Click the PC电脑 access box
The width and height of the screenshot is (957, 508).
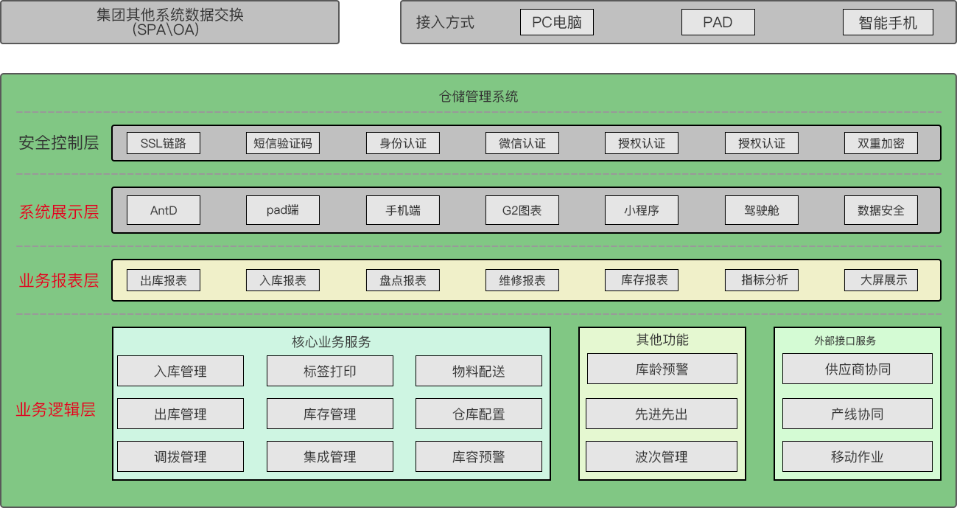pyautogui.click(x=556, y=22)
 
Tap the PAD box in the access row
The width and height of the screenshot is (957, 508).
pyautogui.click(x=718, y=22)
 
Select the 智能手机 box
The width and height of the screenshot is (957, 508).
pyautogui.click(x=888, y=22)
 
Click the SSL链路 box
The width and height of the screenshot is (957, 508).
pyautogui.click(x=164, y=143)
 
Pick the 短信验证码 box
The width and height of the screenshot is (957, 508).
pyautogui.click(x=283, y=143)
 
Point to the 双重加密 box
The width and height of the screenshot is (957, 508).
pyautogui.click(x=881, y=143)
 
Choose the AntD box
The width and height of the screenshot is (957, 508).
pyautogui.click(x=164, y=210)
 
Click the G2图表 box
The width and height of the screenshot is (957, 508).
pyautogui.click(x=522, y=210)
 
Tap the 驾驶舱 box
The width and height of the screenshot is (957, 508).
pyautogui.click(x=762, y=210)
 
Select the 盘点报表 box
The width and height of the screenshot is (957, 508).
pyautogui.click(x=403, y=280)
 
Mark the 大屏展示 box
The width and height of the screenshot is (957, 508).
pyautogui.click(x=881, y=280)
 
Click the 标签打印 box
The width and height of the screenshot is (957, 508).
pyautogui.click(x=330, y=371)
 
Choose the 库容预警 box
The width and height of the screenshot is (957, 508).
pyautogui.click(x=479, y=456)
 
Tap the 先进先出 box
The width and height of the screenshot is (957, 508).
pyautogui.click(x=662, y=414)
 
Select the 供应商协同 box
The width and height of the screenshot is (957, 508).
pyautogui.click(x=858, y=369)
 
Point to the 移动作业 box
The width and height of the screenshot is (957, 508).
pyautogui.click(x=858, y=456)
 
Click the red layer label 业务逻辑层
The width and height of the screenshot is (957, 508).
pyautogui.click(x=56, y=410)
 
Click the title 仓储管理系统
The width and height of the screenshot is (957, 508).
pyautogui.click(x=479, y=97)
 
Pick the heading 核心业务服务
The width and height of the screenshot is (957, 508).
pyautogui.click(x=332, y=341)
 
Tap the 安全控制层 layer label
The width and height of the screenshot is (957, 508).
pyautogui.click(x=59, y=143)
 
